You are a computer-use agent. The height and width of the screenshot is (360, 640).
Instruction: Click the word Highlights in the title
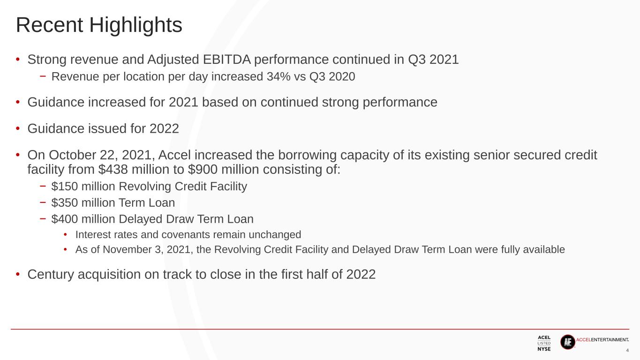136,25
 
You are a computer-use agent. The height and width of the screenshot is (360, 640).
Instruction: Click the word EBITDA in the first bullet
227,60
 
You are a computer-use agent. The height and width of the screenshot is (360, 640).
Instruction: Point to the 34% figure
279,76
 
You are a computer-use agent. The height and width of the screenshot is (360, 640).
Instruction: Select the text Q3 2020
332,76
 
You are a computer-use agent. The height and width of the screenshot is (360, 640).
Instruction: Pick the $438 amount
113,169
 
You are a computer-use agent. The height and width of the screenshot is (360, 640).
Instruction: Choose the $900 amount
203,169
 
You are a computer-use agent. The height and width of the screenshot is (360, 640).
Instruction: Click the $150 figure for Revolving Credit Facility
65,186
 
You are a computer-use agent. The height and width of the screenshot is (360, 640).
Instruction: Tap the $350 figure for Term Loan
65,202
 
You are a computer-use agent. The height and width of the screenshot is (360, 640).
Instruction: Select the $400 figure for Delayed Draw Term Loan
65,219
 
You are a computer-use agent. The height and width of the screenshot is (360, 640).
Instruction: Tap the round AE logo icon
568,342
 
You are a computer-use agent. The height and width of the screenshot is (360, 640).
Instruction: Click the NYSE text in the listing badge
544,349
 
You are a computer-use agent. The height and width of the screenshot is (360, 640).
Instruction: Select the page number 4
627,351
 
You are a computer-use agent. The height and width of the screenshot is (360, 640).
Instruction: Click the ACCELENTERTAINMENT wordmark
602,340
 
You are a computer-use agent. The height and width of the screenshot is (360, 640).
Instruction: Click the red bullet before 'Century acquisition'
18,275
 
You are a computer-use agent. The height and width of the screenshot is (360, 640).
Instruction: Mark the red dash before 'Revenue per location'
43,76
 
